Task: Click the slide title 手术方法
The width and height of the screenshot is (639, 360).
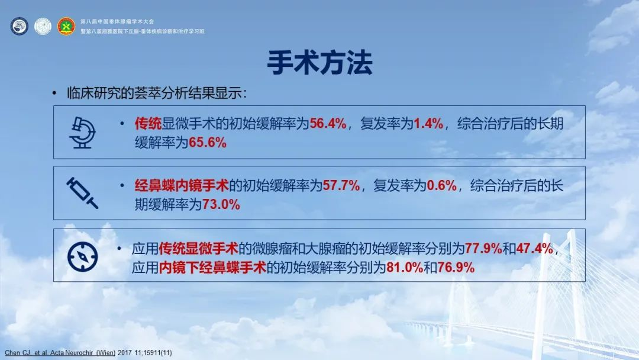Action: click(x=319, y=63)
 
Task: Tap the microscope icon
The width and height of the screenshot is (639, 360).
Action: click(x=82, y=133)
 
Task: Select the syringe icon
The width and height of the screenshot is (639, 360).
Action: click(x=82, y=193)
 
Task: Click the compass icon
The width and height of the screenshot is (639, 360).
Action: click(x=82, y=256)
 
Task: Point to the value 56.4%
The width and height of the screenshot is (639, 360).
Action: click(x=328, y=123)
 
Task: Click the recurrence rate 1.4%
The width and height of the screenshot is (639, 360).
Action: click(x=428, y=123)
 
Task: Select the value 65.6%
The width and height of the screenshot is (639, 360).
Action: click(x=208, y=142)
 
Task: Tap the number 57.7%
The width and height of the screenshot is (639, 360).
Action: click(x=341, y=186)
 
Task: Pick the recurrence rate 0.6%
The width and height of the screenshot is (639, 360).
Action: click(x=442, y=186)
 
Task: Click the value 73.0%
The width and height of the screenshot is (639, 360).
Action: click(x=221, y=204)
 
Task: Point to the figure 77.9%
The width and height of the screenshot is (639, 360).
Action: click(x=483, y=248)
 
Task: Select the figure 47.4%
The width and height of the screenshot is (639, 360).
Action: click(x=534, y=248)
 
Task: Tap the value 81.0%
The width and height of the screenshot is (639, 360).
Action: click(x=405, y=268)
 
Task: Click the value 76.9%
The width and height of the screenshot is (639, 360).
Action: click(x=456, y=268)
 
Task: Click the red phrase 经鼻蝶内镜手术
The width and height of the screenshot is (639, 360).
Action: click(x=182, y=186)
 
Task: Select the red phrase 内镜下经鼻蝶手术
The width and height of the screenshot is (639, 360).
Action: click(x=212, y=268)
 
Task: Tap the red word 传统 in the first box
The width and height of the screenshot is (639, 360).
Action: click(x=149, y=123)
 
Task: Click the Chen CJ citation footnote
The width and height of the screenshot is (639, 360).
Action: click(x=88, y=353)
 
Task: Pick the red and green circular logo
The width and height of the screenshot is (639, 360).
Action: click(x=66, y=26)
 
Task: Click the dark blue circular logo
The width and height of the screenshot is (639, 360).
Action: click(x=19, y=26)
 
